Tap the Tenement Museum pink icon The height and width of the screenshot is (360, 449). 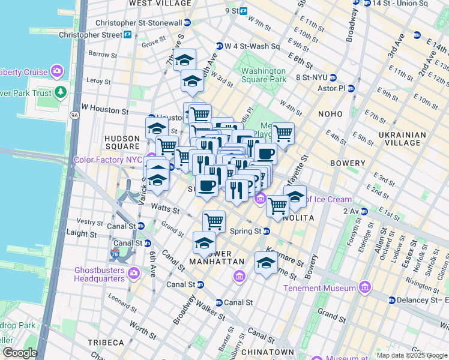coord(364,289)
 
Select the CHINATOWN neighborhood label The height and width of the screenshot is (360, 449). coord(270,352)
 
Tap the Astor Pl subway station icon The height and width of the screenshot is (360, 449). coord(351,88)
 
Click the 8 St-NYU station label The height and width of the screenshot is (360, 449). coord(310,77)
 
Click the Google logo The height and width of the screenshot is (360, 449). coord(19,353)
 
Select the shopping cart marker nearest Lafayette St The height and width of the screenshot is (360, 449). coord(282,133)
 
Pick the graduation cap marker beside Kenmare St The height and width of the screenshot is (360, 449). coord(266,262)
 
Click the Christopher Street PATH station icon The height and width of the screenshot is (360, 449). coord(127,35)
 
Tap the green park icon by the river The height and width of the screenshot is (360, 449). coord(60,92)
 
